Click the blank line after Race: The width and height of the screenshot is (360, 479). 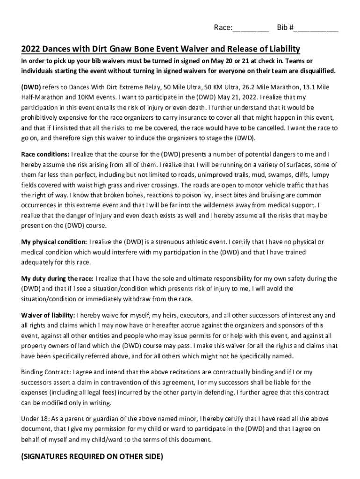251,28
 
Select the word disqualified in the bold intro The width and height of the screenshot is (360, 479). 314,71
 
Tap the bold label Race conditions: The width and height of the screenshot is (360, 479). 45,154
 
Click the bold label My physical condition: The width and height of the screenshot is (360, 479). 54,242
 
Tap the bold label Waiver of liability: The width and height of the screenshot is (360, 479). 48,315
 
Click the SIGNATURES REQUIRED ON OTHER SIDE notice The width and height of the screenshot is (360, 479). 92,457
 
